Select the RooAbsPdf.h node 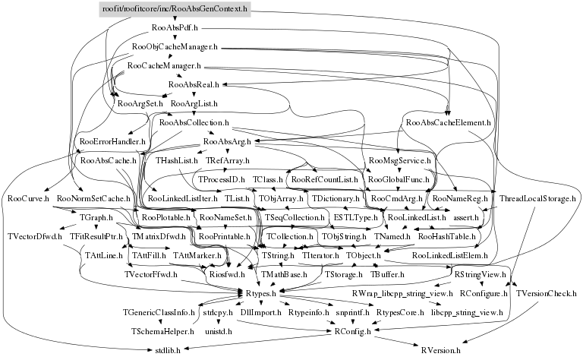tap(175, 29)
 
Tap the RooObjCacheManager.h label tap(175, 48)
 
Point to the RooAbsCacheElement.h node tap(449, 122)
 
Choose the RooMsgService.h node tap(399, 161)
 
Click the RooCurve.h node tap(28, 199)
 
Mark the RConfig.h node tap(353, 331)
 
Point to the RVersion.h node tap(445, 350)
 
